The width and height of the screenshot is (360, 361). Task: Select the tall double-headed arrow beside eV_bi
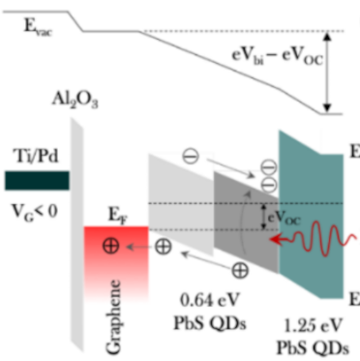tap(332, 74)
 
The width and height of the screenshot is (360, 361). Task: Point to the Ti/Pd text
tap(30, 156)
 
